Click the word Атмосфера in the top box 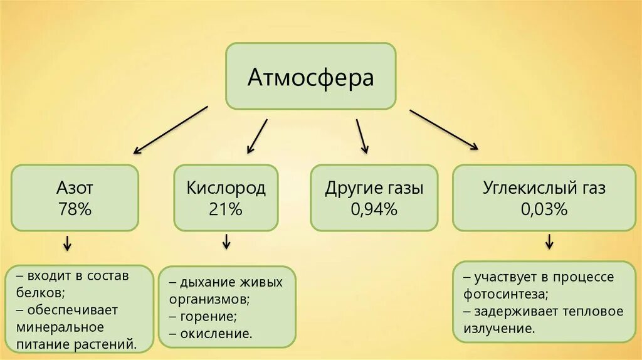pyautogui.click(x=310, y=77)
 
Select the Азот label pyautogui.click(x=75, y=188)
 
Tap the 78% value pyautogui.click(x=75, y=209)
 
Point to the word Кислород pyautogui.click(x=226, y=188)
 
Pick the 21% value pyautogui.click(x=226, y=209)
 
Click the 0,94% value pyautogui.click(x=374, y=209)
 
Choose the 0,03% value pyautogui.click(x=544, y=209)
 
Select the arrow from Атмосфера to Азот pyautogui.click(x=170, y=129)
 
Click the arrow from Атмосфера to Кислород pyautogui.click(x=257, y=136)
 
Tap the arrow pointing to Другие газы pyautogui.click(x=362, y=135)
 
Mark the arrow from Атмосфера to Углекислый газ pyautogui.click(x=444, y=130)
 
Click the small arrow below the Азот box pyautogui.click(x=66, y=243)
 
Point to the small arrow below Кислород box pyautogui.click(x=226, y=241)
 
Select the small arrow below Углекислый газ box pyautogui.click(x=549, y=241)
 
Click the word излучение pyautogui.click(x=499, y=328)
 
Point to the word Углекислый pyautogui.click(x=524, y=188)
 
